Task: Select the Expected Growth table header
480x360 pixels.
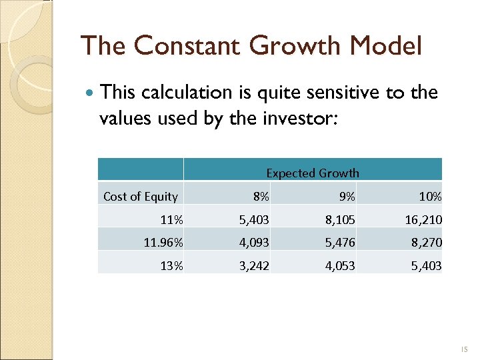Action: [x=312, y=173]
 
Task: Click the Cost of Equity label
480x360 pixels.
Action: [x=141, y=197]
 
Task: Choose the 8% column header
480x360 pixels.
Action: [x=261, y=197]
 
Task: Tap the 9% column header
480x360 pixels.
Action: [x=347, y=197]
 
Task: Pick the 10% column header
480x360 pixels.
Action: [x=430, y=197]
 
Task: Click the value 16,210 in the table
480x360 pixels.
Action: [x=422, y=219]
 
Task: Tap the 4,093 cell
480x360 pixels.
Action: [x=255, y=243]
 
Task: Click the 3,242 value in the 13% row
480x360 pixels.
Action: [x=255, y=266]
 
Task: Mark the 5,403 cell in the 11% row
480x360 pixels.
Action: [x=255, y=219]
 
